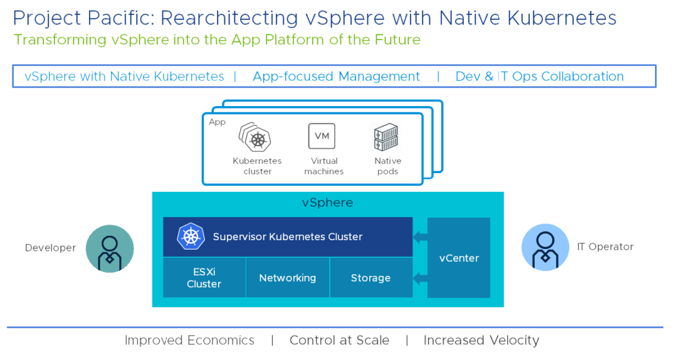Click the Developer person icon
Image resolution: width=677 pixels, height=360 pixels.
tap(110, 248)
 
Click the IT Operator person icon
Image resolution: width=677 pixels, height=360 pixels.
tap(545, 247)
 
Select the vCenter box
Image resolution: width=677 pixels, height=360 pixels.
tap(459, 258)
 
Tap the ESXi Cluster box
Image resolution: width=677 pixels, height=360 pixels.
tap(204, 278)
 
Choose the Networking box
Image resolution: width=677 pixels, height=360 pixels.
tap(287, 278)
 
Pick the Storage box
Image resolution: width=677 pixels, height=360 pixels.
tap(370, 278)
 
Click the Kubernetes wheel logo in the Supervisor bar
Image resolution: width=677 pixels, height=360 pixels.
tap(191, 236)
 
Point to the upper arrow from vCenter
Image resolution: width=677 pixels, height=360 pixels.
tap(420, 237)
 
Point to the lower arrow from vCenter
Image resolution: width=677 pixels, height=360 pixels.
tap(420, 278)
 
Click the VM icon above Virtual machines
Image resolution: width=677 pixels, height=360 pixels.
tap(322, 136)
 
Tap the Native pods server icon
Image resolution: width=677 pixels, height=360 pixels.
tap(386, 137)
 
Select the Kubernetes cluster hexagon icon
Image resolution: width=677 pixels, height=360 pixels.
tap(255, 137)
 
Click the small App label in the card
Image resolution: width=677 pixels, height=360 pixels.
tap(217, 122)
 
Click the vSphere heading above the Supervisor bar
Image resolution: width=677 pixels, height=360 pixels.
tap(327, 203)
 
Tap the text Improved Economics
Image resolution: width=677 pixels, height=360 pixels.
tap(189, 341)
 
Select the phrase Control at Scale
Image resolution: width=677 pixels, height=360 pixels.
tap(339, 341)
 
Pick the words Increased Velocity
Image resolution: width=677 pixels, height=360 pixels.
tap(481, 341)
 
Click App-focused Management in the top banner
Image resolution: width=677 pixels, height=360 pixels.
tap(336, 77)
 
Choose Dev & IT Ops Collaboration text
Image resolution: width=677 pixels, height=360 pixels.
tap(539, 77)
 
